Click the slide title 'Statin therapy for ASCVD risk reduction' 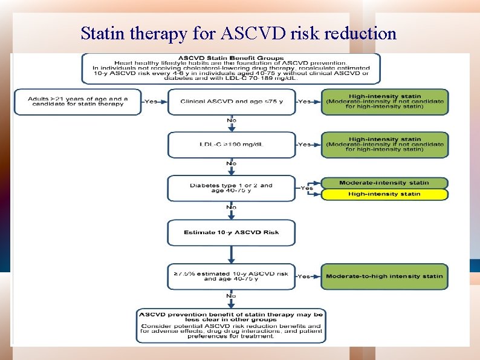pos(239,33)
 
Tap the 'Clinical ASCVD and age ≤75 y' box pos(232,102)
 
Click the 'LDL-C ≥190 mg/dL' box pos(232,145)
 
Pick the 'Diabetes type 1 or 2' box pos(232,188)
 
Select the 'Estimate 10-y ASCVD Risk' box pos(232,232)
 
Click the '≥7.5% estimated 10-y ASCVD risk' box pos(232,276)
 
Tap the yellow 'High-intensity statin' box pos(384,194)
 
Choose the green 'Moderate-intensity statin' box pos(384,183)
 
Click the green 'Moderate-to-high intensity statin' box pos(384,276)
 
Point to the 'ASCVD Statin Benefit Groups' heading pos(231,56)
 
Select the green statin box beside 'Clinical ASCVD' pos(384,102)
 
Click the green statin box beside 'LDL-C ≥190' pos(384,145)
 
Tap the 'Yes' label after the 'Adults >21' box pos(151,102)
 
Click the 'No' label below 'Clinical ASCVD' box pos(232,120)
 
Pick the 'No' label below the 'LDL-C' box pos(232,163)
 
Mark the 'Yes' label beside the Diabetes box pos(307,188)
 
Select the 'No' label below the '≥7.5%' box pos(232,295)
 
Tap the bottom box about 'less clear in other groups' pos(232,325)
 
